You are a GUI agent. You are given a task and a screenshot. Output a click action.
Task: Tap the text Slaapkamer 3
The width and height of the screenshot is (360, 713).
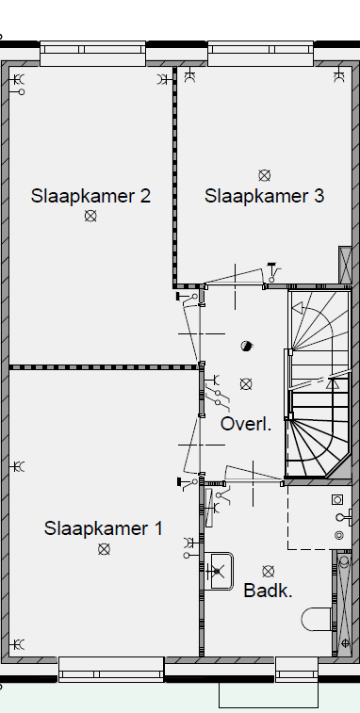point(265,196)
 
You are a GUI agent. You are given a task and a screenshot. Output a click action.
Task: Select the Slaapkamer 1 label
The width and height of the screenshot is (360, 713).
point(104,528)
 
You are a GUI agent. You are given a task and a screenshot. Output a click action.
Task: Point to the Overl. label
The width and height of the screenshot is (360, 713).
point(246,424)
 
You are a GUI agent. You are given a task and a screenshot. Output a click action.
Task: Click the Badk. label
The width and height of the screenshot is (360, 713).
point(269,591)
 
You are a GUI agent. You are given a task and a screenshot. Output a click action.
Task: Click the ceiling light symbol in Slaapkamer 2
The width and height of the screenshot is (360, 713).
point(90,216)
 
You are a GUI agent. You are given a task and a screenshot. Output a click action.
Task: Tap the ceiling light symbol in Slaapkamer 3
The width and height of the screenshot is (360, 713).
point(265,174)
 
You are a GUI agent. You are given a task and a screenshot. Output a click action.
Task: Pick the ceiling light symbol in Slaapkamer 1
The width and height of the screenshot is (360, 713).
point(104,549)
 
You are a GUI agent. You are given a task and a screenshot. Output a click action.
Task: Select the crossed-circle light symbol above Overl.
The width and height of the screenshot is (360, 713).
point(246,383)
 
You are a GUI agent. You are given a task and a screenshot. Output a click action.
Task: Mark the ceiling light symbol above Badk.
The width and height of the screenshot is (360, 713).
point(269,571)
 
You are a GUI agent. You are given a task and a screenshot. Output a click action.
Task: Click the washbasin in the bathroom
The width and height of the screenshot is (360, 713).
point(220,570)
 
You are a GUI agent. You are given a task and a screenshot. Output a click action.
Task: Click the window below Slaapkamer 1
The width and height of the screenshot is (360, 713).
point(111,670)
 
